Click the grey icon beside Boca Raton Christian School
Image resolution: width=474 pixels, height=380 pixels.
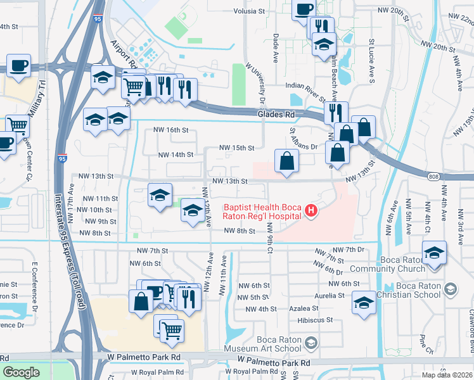click(x=450, y=289)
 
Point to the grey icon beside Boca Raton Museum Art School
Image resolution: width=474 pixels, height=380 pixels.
click(x=311, y=343)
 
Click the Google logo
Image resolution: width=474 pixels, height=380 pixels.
click(x=21, y=372)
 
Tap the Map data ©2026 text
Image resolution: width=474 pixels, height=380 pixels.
click(x=447, y=375)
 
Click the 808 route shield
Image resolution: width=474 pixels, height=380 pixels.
click(x=433, y=177)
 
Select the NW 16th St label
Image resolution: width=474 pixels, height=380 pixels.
click(x=172, y=130)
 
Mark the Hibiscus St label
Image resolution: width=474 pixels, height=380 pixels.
click(x=315, y=320)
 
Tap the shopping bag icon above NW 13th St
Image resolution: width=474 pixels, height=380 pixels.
click(x=287, y=161)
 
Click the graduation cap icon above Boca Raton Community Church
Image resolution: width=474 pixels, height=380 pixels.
click(x=434, y=251)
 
